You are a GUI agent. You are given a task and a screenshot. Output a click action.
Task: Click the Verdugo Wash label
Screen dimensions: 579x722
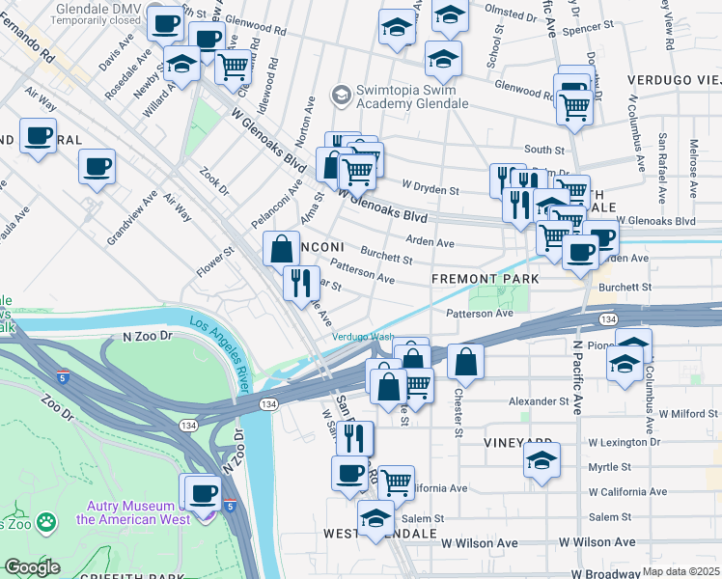[x=363, y=337]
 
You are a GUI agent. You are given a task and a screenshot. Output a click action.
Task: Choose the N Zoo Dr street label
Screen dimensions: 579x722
[x=147, y=336]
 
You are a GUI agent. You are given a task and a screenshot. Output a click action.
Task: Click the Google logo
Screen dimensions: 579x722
[x=32, y=567]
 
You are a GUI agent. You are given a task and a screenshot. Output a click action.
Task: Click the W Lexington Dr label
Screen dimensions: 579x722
[x=624, y=442]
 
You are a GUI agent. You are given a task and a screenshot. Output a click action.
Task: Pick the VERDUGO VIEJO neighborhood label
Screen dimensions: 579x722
[x=673, y=78]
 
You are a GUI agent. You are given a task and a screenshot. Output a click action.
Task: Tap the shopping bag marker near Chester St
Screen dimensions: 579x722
[x=465, y=362]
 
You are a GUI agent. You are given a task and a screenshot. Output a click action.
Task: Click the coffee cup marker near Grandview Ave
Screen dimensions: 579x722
[x=97, y=166]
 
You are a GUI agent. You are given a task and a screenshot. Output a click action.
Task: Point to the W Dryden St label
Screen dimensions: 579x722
[x=430, y=190]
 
